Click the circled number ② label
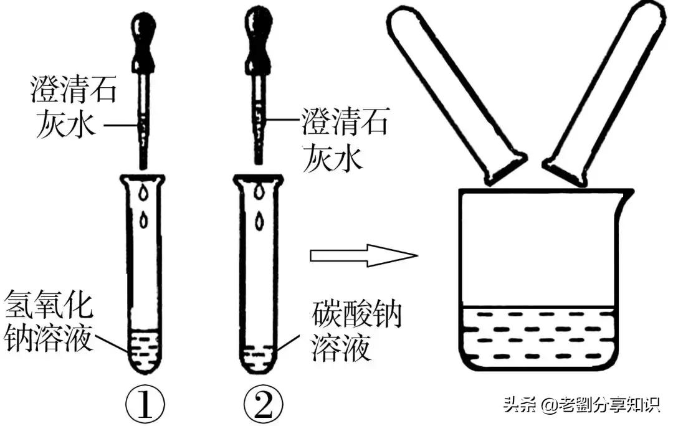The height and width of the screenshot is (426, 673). click(x=257, y=406)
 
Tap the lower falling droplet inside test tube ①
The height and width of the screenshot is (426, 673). click(x=146, y=219)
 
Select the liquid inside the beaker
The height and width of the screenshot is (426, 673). click(x=538, y=337)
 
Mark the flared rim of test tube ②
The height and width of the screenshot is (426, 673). click(x=258, y=179)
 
